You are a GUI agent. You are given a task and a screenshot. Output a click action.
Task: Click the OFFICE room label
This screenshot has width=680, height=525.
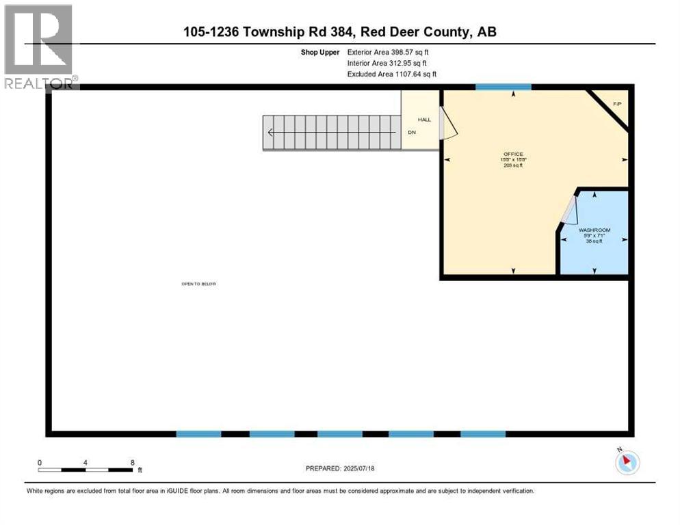tap(512, 154)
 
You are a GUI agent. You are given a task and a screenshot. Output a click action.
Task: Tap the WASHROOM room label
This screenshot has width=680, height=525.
tap(594, 230)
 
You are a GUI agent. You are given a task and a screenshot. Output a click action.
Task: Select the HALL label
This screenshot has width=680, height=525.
tap(424, 120)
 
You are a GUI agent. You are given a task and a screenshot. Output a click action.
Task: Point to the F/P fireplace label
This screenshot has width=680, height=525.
tap(616, 104)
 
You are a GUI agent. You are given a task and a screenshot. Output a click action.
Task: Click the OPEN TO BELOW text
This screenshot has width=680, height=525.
tap(198, 284)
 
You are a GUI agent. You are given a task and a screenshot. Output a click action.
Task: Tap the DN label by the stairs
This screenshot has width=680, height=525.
tap(412, 133)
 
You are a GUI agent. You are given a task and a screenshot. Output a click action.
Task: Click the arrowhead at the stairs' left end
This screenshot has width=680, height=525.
tap(271, 133)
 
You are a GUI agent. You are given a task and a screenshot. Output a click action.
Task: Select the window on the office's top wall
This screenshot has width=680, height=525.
tap(504, 87)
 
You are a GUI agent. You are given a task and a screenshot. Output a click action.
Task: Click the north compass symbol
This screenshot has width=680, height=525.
tap(627, 462)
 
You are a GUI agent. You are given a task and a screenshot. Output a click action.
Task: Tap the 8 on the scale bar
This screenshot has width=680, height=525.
tap(131, 462)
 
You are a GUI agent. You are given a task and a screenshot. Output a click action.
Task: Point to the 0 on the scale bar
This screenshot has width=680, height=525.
tap(40, 462)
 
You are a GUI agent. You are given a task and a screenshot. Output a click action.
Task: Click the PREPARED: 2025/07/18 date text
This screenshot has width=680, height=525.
tap(341, 468)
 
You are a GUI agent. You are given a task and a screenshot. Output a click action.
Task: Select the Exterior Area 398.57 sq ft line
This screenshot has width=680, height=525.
tap(388, 52)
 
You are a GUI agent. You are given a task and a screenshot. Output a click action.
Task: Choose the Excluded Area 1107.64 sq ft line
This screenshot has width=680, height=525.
tap(391, 74)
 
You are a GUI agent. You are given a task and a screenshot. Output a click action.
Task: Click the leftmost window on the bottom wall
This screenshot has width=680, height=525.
tap(199, 433)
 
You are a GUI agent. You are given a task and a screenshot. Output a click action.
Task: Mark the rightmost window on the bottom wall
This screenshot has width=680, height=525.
tap(483, 433)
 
